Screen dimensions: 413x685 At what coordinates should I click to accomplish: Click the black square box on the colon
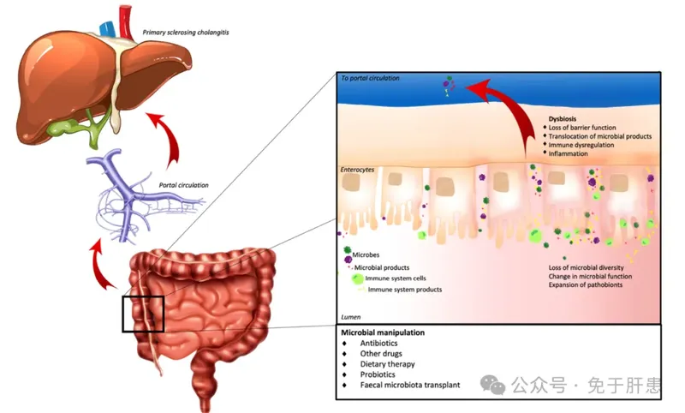141,312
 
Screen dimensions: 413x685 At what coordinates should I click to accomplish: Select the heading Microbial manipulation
383,332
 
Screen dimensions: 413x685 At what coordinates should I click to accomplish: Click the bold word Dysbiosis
566,118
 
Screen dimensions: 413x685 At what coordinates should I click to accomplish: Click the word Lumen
351,316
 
